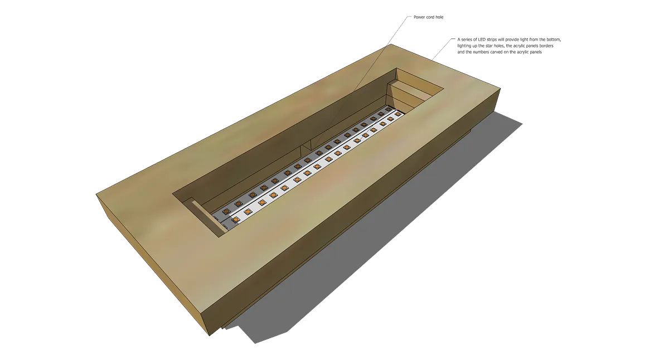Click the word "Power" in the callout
pos(419,17)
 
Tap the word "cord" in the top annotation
pos(430,17)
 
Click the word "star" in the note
pos(482,46)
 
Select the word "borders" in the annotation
pos(546,46)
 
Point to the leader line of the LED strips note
pos(442,50)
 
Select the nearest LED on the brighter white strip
pos(236,220)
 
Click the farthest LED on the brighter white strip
pos(397,114)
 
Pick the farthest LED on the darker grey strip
pos(388,110)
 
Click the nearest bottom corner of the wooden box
pos(210,335)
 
